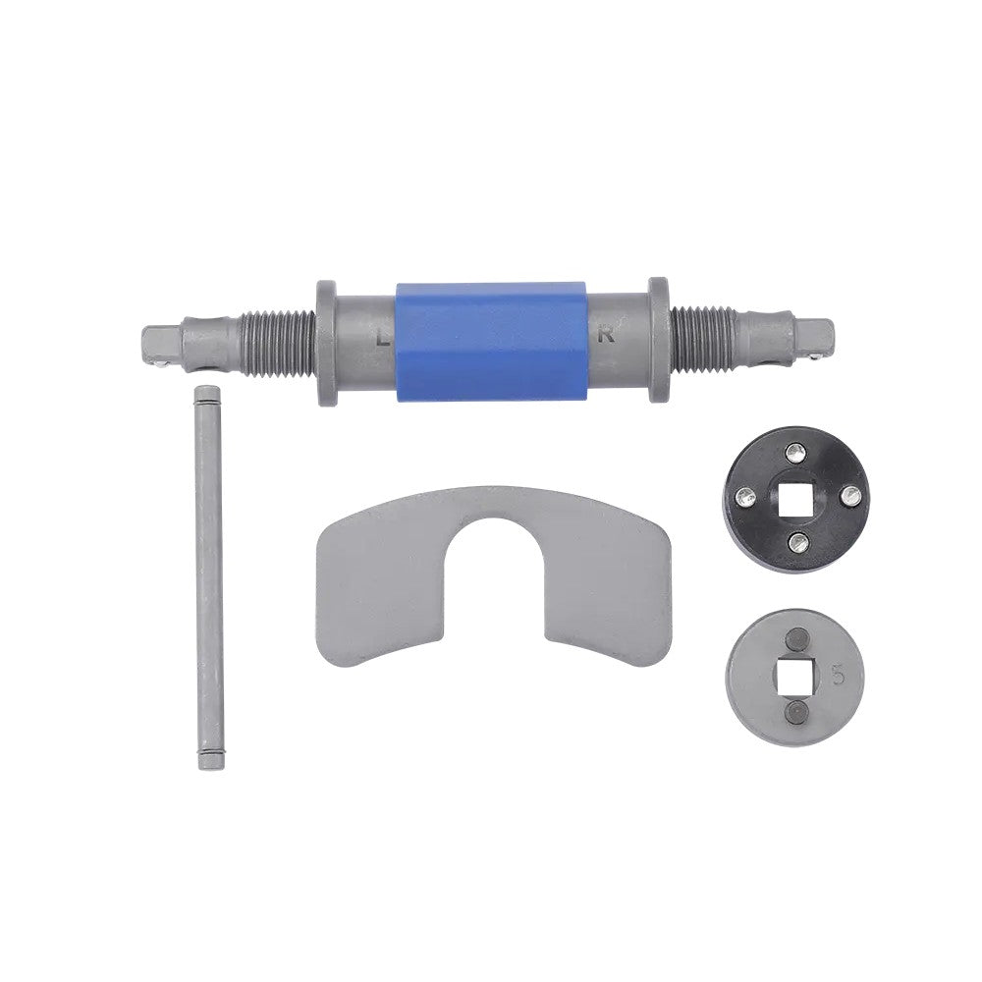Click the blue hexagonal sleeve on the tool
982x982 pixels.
coord(492,342)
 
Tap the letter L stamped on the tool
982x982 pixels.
coord(382,340)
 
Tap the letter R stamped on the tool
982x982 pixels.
coord(606,336)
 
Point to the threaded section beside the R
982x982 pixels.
coord(703,338)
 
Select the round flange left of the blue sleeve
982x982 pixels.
coord(326,343)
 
